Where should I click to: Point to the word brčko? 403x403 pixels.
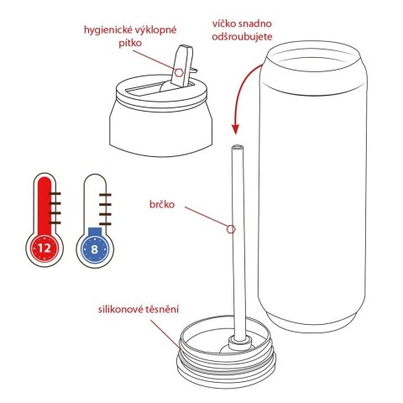point(163,201)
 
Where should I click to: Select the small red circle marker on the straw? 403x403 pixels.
point(232,228)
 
